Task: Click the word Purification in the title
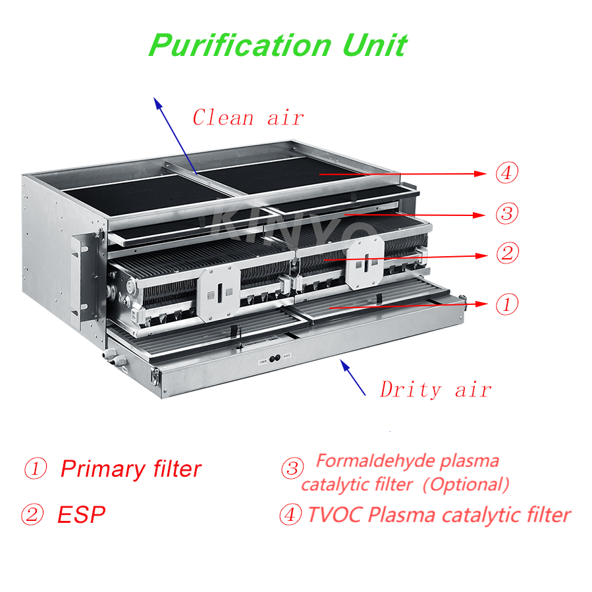tap(240, 46)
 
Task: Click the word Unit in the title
tap(374, 45)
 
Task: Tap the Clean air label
tap(248, 117)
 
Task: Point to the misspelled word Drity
tap(410, 390)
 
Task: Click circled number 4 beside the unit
tap(506, 173)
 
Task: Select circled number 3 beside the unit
tap(506, 213)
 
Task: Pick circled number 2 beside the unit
tap(508, 253)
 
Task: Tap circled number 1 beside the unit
tap(506, 304)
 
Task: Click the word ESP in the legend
tap(82, 514)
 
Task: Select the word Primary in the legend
tap(103, 470)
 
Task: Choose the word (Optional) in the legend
tap(466, 485)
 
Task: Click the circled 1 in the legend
tap(36, 468)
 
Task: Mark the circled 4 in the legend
tap(290, 514)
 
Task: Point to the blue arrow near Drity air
tap(353, 377)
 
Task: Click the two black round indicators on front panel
tap(275, 358)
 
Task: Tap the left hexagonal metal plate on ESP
tap(219, 293)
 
